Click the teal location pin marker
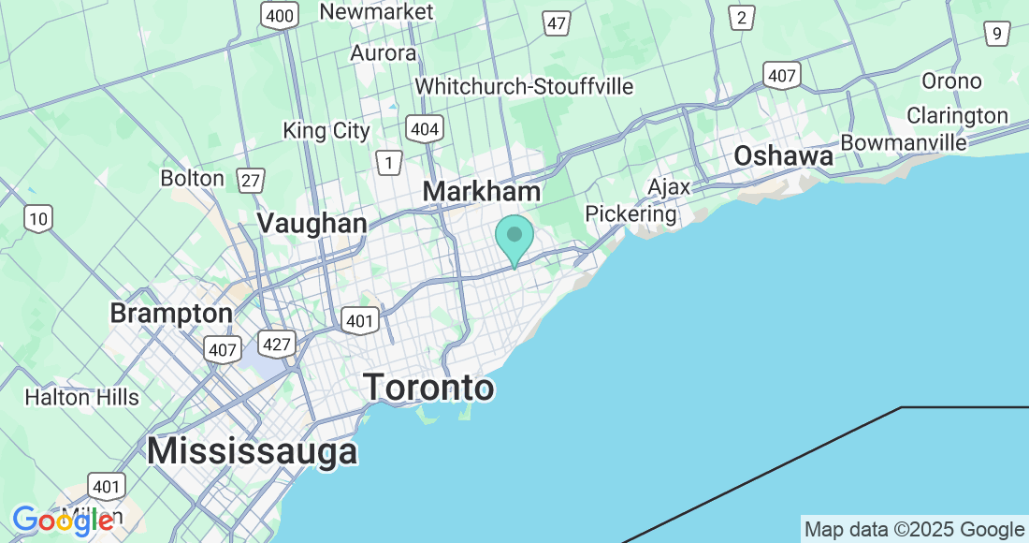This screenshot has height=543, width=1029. point(514,238)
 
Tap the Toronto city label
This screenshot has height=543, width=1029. point(428,387)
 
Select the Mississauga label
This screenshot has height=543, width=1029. point(252,451)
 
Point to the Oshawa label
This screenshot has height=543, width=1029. point(783,156)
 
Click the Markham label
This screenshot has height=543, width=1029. point(481,191)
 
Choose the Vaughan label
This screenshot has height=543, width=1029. point(312,223)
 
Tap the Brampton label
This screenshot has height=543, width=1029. point(171,313)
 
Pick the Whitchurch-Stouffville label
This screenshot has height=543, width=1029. point(524,86)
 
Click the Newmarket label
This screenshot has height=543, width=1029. point(376,12)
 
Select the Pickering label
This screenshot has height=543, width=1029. point(630,213)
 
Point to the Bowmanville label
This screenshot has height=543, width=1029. point(903,142)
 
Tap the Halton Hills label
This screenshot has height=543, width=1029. point(81,397)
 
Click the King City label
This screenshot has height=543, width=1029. point(326,131)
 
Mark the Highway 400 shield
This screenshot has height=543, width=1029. point(280,14)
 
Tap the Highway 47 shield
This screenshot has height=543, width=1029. point(557,22)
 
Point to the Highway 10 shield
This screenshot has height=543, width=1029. point(38,219)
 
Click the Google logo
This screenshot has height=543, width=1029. point(64,520)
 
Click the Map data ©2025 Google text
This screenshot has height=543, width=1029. point(914,529)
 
